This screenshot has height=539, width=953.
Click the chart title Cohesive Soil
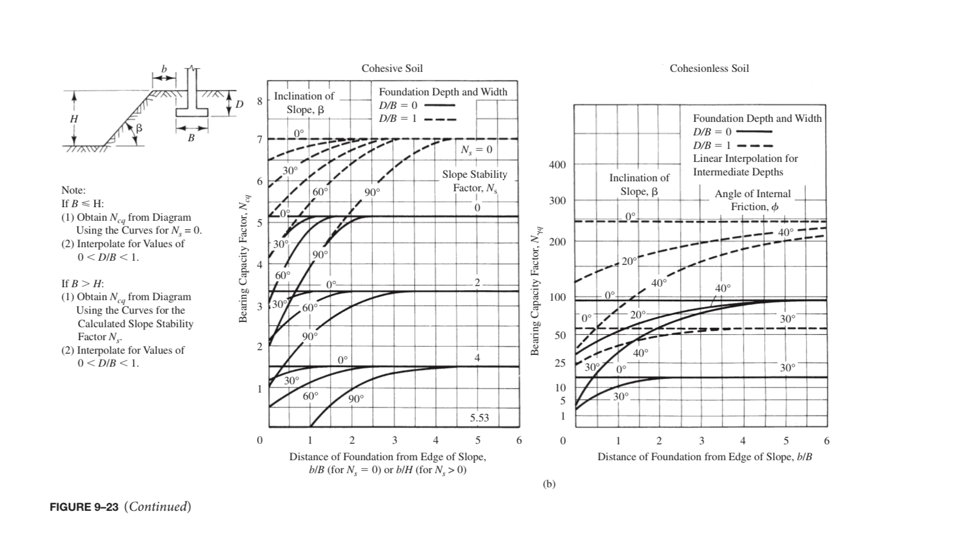pos(392,68)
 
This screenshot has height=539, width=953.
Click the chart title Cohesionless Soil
pos(709,68)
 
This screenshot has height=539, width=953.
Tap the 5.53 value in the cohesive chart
pos(479,418)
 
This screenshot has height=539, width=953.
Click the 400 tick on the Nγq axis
pos(557,165)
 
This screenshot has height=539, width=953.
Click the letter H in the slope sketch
pos(74,118)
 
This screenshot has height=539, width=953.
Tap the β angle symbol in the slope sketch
pos(139,128)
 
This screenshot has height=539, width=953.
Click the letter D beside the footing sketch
pos(239,105)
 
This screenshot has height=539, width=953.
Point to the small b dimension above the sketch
pos(164,69)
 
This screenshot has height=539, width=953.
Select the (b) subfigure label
pos(548,484)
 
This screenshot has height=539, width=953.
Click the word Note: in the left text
pos(74,190)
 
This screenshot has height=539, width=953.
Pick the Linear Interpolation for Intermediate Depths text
pos(745,165)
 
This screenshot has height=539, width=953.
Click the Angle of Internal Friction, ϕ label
pos(752,200)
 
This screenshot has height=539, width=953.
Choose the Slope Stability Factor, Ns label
pos(475,181)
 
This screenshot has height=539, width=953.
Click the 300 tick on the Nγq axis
pos(557,201)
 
